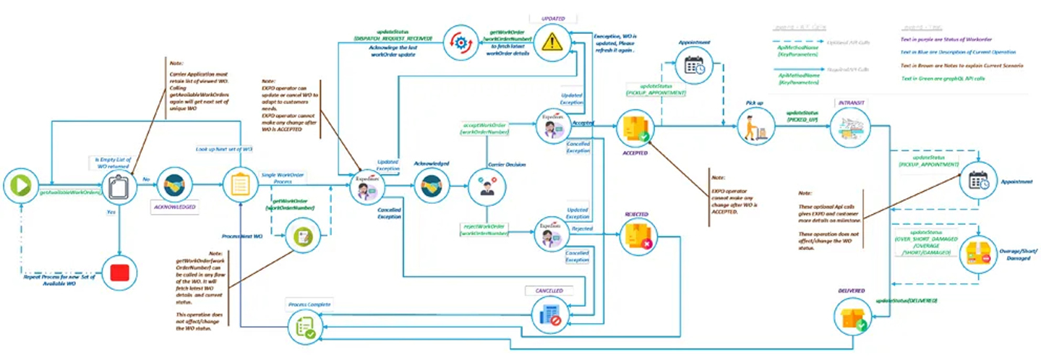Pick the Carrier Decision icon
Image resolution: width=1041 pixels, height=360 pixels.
483,186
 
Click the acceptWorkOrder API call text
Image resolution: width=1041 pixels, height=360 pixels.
484,129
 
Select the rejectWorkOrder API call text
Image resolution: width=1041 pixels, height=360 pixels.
484,230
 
